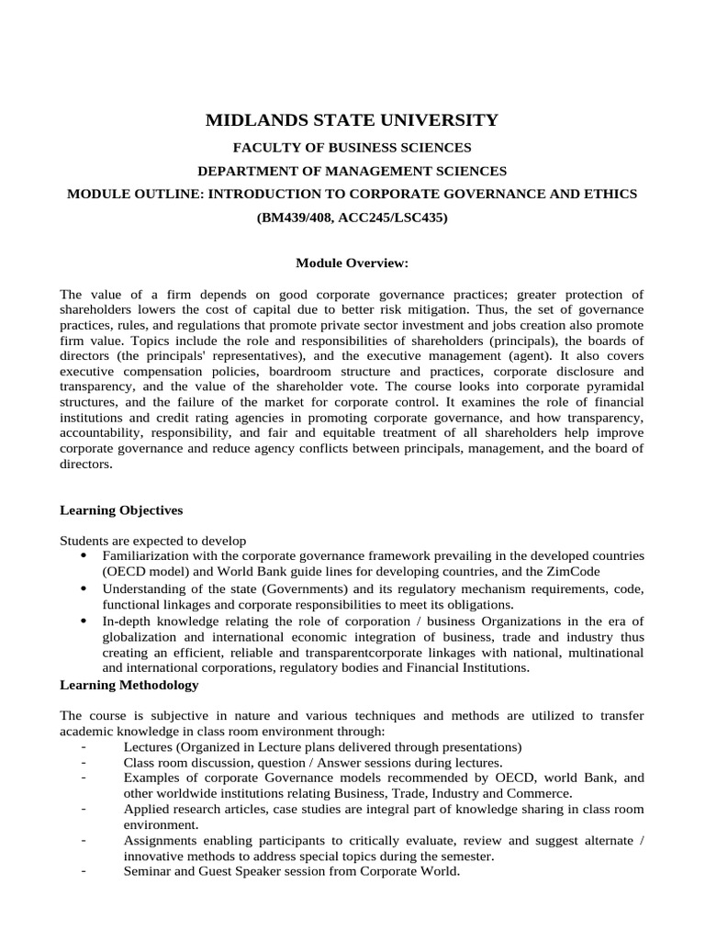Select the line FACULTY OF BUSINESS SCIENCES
coord(352,147)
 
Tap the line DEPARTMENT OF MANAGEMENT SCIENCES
coord(352,171)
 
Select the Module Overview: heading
coord(352,263)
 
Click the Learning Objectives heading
coord(121,509)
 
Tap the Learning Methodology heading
coord(129,685)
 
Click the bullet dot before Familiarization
coord(84,556)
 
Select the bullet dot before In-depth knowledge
coord(84,621)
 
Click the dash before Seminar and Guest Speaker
coord(84,872)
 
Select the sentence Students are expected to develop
coord(153,541)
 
